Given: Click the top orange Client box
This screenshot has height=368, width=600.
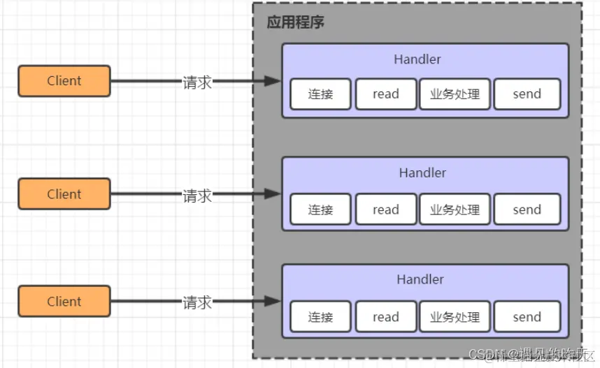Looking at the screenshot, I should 64,81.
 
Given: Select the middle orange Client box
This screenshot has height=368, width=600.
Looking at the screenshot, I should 64,194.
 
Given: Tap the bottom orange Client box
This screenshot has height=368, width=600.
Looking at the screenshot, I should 64,302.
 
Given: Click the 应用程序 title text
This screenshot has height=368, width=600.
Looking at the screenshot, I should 296,22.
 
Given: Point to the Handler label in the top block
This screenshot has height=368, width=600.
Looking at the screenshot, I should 417,59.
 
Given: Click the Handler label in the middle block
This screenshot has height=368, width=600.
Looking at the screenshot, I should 422,172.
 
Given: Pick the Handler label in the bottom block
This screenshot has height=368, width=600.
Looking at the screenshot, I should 420,279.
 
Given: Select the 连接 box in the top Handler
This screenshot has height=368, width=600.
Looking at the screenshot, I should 320,94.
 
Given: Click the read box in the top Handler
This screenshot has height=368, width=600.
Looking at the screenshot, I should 385,94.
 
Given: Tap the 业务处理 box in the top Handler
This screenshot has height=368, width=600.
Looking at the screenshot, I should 455,94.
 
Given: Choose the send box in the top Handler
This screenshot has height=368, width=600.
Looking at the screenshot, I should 527,94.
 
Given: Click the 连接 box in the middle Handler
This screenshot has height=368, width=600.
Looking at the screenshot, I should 320,209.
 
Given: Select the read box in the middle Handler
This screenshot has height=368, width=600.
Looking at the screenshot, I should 385,209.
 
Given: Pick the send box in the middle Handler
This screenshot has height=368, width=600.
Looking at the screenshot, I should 527,209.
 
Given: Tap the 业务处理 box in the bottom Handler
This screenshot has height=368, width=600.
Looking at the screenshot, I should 455,317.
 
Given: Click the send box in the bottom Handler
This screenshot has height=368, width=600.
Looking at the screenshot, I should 527,317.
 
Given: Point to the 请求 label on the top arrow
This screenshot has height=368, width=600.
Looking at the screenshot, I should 197,82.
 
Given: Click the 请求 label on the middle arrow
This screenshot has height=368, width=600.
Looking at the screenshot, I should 197,195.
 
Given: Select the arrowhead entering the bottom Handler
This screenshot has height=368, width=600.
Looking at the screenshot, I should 273,302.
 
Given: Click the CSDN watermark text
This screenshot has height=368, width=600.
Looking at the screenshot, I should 531,356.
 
